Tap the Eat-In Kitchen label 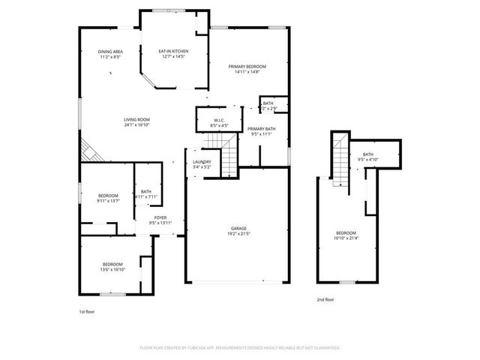pyautogui.click(x=173, y=52)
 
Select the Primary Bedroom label pyautogui.click(x=247, y=67)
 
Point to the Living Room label pyautogui.click(x=137, y=120)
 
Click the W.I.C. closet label pyautogui.click(x=219, y=120)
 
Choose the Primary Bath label pyautogui.click(x=262, y=129)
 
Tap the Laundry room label pyautogui.click(x=201, y=162)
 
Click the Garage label pyautogui.click(x=238, y=228)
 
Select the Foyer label pyautogui.click(x=160, y=218)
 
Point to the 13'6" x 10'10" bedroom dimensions pyautogui.click(x=112, y=269)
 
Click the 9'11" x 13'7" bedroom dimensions pyautogui.click(x=108, y=200)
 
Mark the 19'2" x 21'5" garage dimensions pyautogui.click(x=238, y=233)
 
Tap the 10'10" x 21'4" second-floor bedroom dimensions pyautogui.click(x=346, y=238)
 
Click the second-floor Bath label pyautogui.click(x=368, y=154)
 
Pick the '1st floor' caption pyautogui.click(x=87, y=311)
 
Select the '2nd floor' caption pyautogui.click(x=325, y=299)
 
